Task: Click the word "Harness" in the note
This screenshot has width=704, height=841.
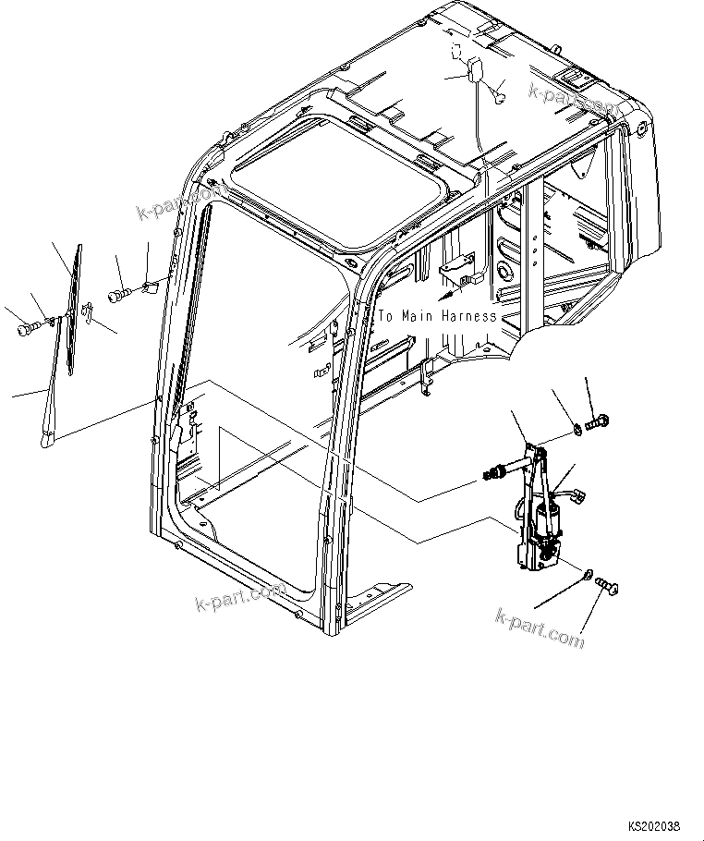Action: tap(468, 316)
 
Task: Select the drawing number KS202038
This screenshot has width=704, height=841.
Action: tap(660, 824)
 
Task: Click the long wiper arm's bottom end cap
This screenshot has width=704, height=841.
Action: tap(46, 445)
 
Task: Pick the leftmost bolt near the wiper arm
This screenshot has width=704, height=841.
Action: tap(25, 327)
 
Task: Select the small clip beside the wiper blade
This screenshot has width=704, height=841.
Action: tap(85, 314)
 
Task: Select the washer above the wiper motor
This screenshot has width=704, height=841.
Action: tap(576, 428)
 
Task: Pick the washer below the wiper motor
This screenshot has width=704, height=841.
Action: tap(589, 577)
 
